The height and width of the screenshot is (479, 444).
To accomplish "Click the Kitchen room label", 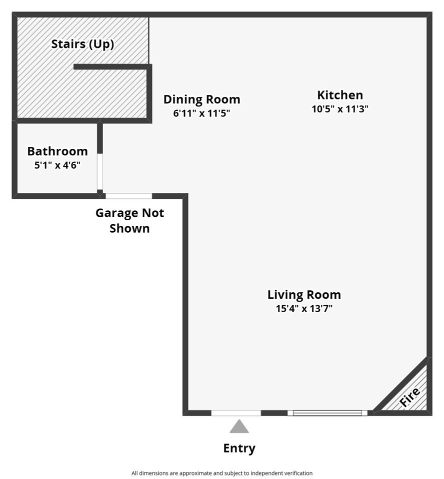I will tap(340, 95).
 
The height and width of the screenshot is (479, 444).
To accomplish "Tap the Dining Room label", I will tap(201, 99).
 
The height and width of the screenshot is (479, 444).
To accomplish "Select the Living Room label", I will tap(304, 295).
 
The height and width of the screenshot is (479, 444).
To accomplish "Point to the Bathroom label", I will tap(57, 151).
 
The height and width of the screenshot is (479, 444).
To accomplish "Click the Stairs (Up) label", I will tap(82, 44).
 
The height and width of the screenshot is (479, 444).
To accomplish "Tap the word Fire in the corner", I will tap(410, 397).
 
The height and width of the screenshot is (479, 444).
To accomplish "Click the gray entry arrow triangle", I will tap(239, 427).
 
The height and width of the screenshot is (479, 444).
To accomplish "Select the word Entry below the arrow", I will tap(239, 448).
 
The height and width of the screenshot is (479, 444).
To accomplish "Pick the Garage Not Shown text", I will tap(129, 220).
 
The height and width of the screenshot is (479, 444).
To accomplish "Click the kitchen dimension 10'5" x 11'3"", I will tap(340, 109).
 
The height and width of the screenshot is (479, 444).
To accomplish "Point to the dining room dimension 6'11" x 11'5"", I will tap(201, 113).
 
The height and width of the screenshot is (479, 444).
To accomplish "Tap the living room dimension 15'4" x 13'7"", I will tap(304, 308).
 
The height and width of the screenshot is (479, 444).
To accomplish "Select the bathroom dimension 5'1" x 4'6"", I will tap(57, 165).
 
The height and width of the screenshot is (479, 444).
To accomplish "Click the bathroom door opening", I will tap(100, 172).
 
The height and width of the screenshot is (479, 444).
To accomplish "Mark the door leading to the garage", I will tap(128, 196).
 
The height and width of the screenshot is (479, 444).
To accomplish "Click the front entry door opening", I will tap(236, 413).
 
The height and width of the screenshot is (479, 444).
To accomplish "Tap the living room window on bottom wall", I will tap(327, 413).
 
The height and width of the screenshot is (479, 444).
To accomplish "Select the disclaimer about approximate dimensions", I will tap(222, 473).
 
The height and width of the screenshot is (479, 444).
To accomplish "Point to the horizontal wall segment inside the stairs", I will tap(112, 66).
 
